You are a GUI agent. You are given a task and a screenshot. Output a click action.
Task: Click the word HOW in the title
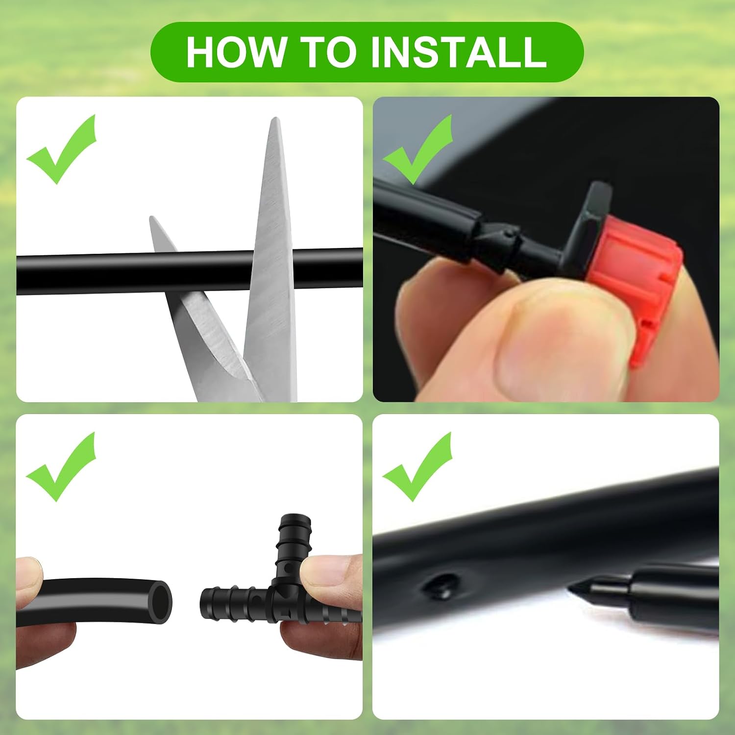(237, 51)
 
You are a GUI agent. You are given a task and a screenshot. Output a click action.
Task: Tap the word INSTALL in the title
(458, 51)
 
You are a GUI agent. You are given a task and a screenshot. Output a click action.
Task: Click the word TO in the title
(328, 51)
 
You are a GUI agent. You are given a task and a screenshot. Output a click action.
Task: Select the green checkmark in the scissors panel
(61, 149)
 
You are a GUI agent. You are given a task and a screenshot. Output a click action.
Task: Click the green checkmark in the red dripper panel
(417, 149)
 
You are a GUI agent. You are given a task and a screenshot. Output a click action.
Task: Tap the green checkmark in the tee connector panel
(61, 466)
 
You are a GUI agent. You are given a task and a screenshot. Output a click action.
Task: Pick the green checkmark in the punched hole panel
(417, 466)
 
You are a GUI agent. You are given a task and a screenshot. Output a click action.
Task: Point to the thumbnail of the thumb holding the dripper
(559, 343)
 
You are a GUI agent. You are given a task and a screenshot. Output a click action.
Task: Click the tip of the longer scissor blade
(276, 118)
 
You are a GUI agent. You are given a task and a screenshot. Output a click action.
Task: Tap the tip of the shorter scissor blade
(152, 218)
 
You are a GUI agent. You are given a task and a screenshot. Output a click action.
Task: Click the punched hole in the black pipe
(443, 586)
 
